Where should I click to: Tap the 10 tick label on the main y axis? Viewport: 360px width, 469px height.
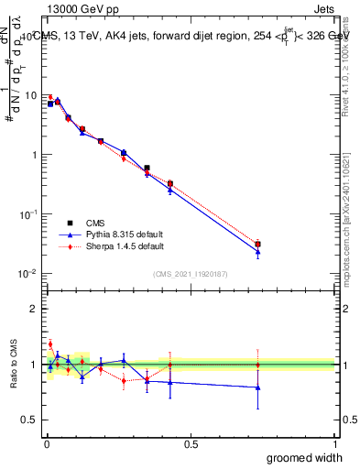point(30,95)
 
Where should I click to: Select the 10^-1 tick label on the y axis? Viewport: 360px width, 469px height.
point(28,213)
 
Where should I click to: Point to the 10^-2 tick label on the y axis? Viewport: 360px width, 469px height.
point(28,273)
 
